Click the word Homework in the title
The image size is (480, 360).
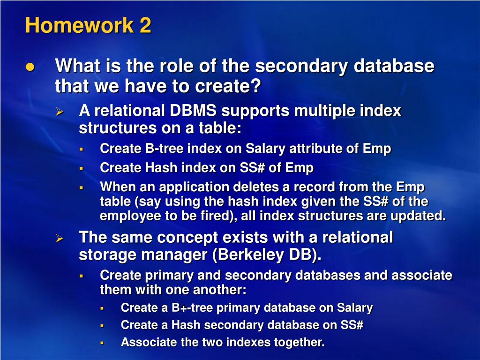[x=79, y=25]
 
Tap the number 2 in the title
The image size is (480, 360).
[x=145, y=25]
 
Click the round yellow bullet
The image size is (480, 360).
[x=30, y=67]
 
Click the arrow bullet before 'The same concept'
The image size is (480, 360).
[x=60, y=238]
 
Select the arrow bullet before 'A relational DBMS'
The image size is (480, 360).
[x=60, y=112]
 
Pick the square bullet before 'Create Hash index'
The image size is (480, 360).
[x=82, y=168]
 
